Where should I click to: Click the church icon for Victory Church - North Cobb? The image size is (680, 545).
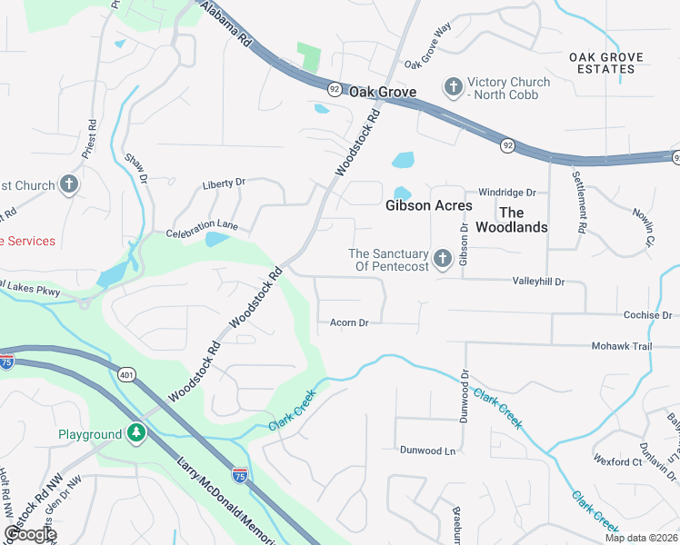tap(453, 88)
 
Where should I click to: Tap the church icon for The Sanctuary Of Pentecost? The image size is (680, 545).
tap(442, 260)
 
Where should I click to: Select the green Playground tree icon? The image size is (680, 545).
tap(136, 434)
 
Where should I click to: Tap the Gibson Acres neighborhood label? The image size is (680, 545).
tap(429, 205)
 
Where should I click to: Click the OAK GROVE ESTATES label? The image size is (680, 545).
tap(606, 63)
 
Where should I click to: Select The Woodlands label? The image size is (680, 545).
tap(512, 219)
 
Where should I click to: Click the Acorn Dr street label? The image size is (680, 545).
tap(349, 322)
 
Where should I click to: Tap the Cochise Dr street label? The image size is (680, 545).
tap(647, 315)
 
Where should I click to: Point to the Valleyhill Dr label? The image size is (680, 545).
tap(538, 282)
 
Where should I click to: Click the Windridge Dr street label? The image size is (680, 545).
tap(507, 193)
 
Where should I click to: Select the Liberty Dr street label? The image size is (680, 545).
tap(225, 182)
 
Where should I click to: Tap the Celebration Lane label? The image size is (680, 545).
tap(202, 224)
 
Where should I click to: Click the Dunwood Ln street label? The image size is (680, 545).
tap(427, 451)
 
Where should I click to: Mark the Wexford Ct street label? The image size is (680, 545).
tap(617, 461)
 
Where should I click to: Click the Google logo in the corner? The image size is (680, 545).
tap(30, 534)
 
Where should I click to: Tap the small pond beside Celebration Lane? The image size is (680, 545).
tap(217, 240)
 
